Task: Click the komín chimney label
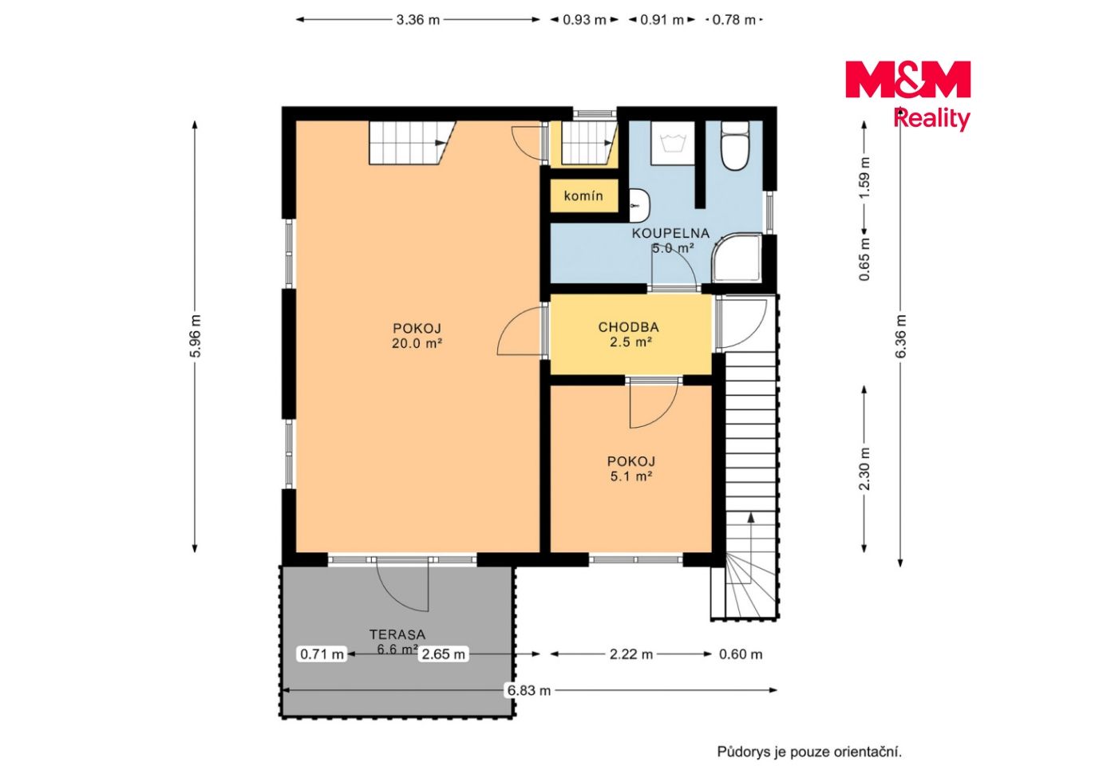[x=583, y=196]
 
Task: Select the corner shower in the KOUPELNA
[x=737, y=259]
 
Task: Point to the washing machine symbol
[x=673, y=143]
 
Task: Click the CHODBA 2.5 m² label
[x=629, y=334]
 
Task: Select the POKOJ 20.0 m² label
[x=417, y=336]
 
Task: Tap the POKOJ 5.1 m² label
[x=631, y=468]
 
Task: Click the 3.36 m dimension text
[x=417, y=20]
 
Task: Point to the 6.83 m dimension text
[x=529, y=690]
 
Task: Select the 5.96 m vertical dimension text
[x=196, y=336]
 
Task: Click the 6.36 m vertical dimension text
[x=901, y=336]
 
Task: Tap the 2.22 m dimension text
[x=631, y=654]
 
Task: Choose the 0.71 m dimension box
[x=322, y=654]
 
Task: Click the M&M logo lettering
[x=907, y=79]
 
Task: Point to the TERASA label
[x=397, y=634]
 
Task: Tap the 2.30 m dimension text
[x=865, y=469]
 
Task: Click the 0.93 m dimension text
[x=584, y=20]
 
